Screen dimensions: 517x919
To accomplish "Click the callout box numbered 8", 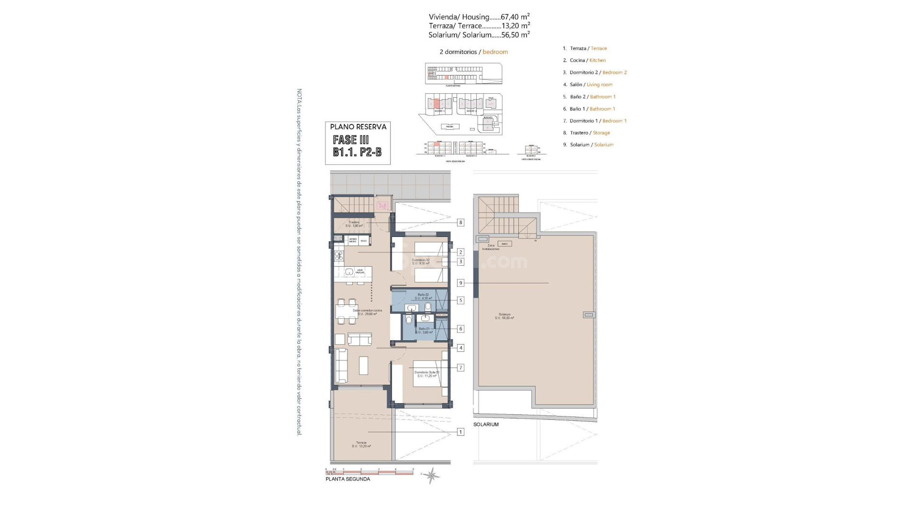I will pyautogui.click(x=460, y=223).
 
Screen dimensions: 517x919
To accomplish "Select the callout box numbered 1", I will pyautogui.click(x=460, y=432).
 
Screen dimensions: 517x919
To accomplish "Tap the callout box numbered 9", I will pyautogui.click(x=460, y=283).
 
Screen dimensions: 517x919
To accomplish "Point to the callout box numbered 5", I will pyautogui.click(x=460, y=301).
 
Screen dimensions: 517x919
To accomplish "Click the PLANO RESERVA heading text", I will pyautogui.click(x=358, y=127).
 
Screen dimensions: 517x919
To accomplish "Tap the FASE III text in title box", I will pyautogui.click(x=351, y=140).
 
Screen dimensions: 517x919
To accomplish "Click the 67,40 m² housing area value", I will pyautogui.click(x=515, y=17).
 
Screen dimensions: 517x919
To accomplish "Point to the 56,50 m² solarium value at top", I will pyautogui.click(x=515, y=35).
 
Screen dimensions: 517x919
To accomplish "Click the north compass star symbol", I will pyautogui.click(x=432, y=475).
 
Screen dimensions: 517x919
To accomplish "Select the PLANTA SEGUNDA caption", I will pyautogui.click(x=347, y=479).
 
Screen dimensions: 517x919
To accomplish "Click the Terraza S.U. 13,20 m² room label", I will pyautogui.click(x=361, y=444).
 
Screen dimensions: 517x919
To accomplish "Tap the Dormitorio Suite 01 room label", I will pyautogui.click(x=426, y=374).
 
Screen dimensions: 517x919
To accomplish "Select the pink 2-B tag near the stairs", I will pyautogui.click(x=382, y=206).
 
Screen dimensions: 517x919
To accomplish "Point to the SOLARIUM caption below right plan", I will pyautogui.click(x=486, y=425).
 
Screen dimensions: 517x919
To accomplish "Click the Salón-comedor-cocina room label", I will pyautogui.click(x=367, y=312).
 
